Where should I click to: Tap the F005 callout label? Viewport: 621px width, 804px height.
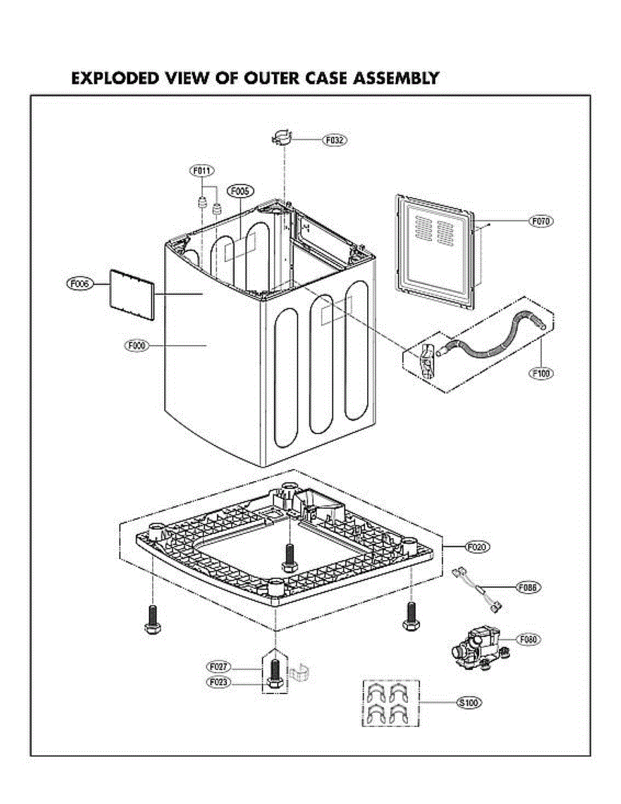point(240,192)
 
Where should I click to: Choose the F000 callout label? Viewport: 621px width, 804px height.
point(137,346)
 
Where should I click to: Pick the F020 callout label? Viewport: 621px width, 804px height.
point(478,547)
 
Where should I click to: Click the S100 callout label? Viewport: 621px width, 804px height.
point(469,703)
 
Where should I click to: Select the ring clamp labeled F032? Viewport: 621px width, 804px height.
point(283,139)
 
